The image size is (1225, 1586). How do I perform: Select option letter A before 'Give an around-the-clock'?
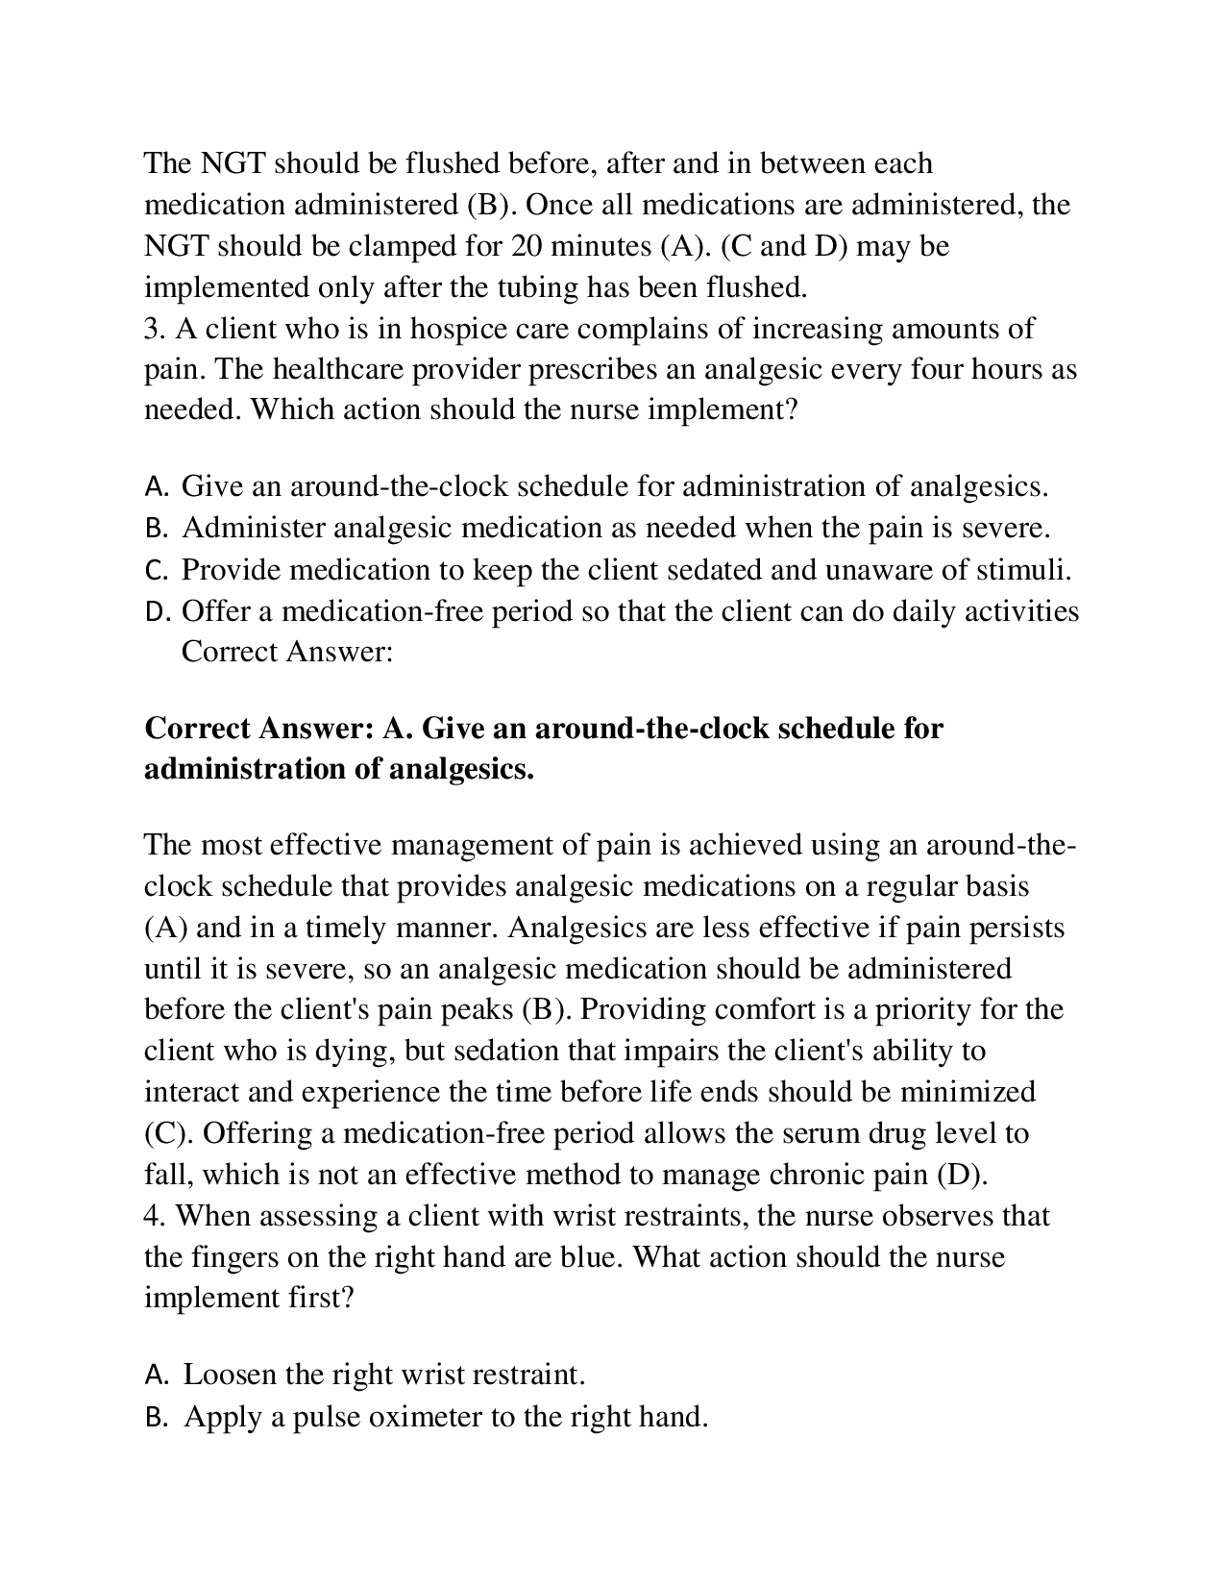coord(156,487)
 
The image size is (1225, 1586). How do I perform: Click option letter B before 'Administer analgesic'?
coord(156,529)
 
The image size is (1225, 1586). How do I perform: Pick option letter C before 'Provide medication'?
coord(156,571)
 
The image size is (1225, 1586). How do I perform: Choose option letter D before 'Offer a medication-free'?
coord(157,612)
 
